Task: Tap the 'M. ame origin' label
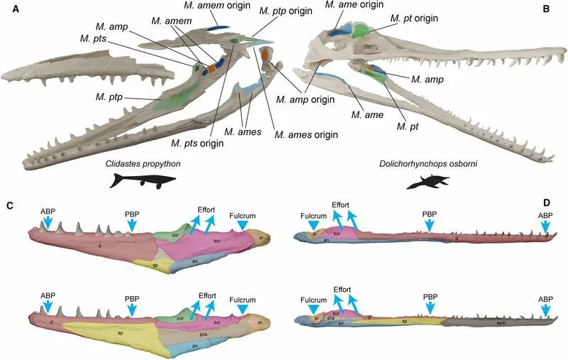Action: [x=354, y=5]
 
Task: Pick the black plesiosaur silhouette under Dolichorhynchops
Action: [x=427, y=182]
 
